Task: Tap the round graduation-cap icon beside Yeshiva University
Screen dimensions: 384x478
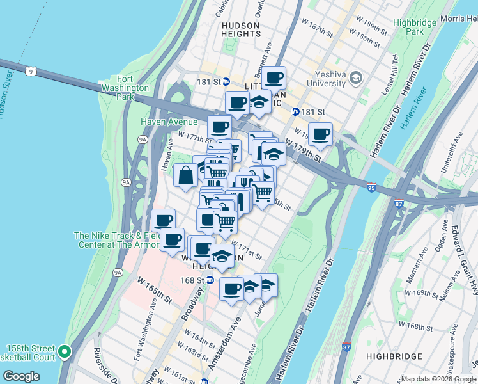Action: click(356, 78)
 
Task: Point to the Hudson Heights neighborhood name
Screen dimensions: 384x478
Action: click(240, 31)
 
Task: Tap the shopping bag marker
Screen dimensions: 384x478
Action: click(185, 175)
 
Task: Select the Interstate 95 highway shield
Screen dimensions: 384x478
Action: click(371, 188)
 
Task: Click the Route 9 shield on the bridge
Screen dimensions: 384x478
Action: click(31, 71)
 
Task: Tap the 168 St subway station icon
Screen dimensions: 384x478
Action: click(210, 280)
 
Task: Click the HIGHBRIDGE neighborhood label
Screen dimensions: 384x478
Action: click(394, 356)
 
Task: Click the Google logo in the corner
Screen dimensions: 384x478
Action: click(22, 376)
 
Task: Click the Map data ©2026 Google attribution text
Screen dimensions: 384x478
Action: click(438, 379)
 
